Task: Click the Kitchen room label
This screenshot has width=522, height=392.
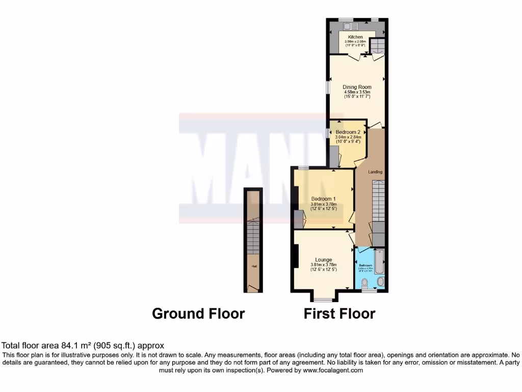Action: (x=355, y=37)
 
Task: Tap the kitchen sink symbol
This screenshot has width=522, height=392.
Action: (x=349, y=25)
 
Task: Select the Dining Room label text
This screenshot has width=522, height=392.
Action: (x=357, y=87)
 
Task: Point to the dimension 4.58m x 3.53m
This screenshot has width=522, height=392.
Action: (x=357, y=92)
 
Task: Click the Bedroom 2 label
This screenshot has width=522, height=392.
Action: (x=348, y=132)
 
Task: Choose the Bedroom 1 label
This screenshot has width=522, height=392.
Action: (x=324, y=199)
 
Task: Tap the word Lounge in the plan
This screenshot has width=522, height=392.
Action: (x=324, y=260)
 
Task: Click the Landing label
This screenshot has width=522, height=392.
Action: (x=375, y=172)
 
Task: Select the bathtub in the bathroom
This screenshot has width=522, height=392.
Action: (x=379, y=261)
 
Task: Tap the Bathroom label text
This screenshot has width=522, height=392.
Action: (x=366, y=265)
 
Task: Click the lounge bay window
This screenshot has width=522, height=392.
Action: (x=323, y=299)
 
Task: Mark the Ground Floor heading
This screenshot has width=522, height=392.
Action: (x=198, y=313)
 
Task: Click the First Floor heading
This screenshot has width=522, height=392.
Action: (x=340, y=313)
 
